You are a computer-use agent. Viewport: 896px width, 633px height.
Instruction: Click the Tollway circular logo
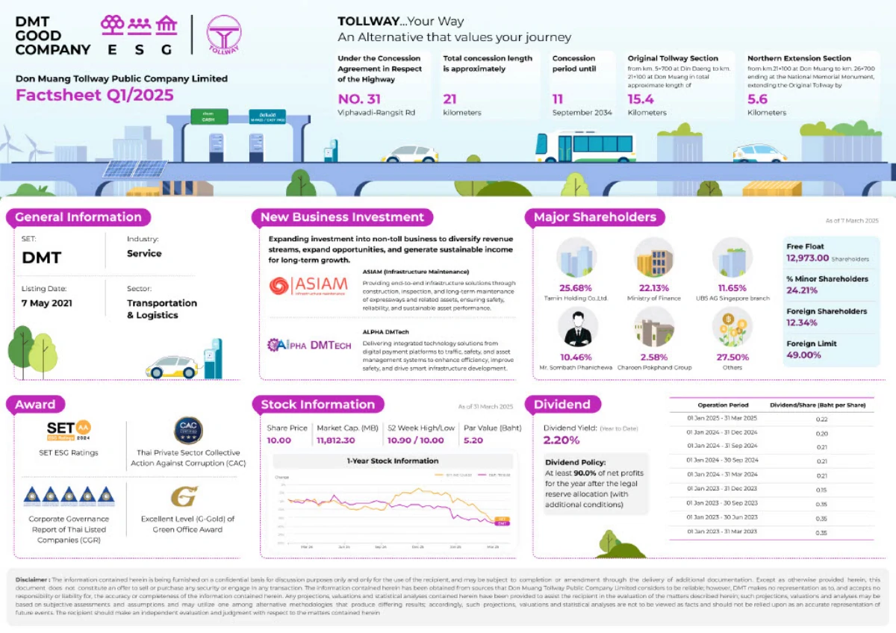225,34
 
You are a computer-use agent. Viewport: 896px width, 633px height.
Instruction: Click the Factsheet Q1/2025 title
94,95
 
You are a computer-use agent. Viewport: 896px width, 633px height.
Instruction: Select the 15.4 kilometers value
641,99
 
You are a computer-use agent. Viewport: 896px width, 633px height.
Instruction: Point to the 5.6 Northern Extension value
757,99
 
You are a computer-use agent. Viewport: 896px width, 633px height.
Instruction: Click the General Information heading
78,217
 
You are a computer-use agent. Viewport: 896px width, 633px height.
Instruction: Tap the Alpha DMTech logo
309,344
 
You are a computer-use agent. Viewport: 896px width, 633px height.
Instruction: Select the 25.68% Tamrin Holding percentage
576,288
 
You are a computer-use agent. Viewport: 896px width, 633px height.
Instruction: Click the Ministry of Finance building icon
654,258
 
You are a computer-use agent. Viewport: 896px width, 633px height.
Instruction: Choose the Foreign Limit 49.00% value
803,355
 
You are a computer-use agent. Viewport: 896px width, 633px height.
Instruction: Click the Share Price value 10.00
279,440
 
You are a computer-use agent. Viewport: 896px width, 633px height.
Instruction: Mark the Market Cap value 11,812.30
335,440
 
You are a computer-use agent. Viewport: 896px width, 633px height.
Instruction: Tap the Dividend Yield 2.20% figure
561,440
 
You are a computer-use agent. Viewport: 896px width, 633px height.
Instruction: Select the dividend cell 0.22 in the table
821,419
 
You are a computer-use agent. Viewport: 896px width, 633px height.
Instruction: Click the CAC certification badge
188,431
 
